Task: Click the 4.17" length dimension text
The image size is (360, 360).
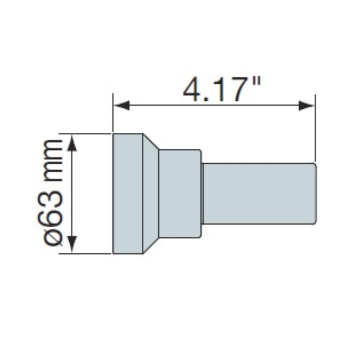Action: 222,89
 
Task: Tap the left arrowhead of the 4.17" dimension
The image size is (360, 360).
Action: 121,105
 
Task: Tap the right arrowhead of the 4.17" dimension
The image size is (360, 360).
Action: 306,105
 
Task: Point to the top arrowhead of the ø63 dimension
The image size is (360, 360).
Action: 72,143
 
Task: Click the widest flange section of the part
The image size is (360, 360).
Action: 128,193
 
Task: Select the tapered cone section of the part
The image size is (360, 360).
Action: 151,193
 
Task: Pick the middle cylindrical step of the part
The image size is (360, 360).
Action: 180,193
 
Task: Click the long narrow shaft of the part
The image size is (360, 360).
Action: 260,193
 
